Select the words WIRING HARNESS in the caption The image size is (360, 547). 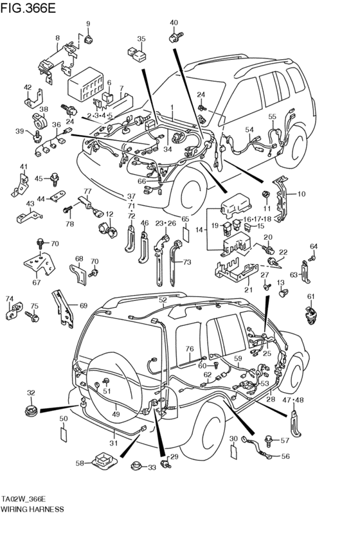[x=32, y=508]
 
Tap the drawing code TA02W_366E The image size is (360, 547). [x=27, y=498]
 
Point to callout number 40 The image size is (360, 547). [x=174, y=23]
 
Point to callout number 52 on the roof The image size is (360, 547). [x=163, y=300]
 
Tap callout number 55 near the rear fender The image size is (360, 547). [x=272, y=116]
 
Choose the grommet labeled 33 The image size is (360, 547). [x=136, y=466]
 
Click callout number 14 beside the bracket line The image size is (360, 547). [x=199, y=229]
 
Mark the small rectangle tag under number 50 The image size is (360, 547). [x=64, y=435]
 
